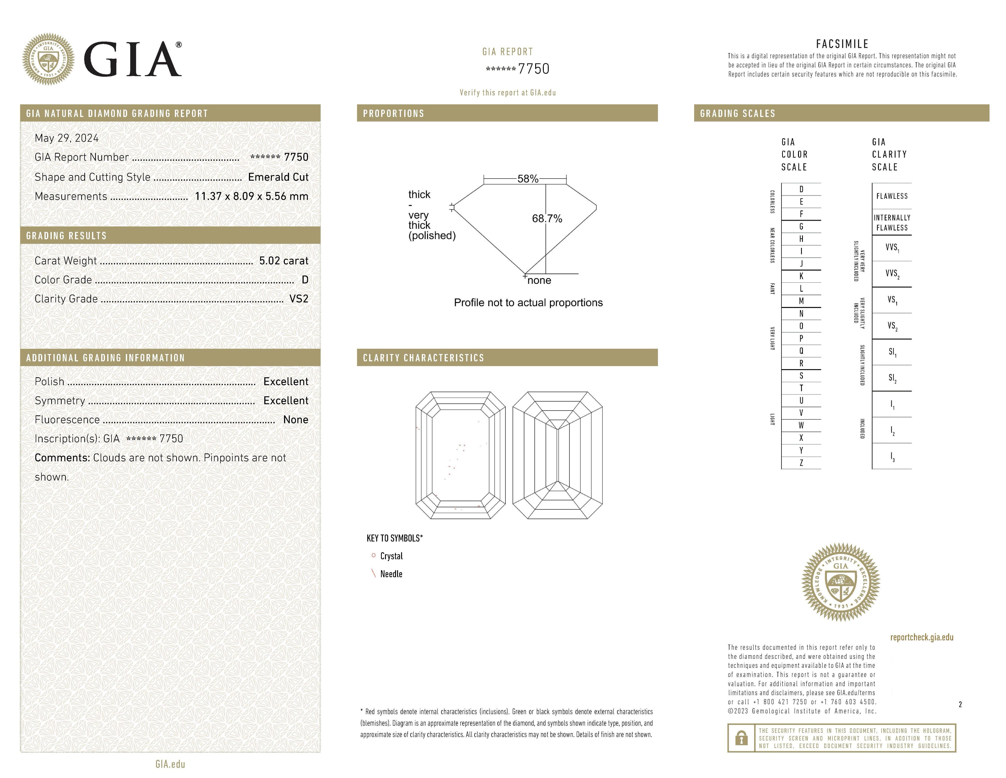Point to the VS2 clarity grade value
coord(299,299)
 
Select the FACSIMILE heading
coord(842,44)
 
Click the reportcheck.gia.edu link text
coord(922,637)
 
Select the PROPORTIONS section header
coord(393,113)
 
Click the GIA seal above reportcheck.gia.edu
coord(841,582)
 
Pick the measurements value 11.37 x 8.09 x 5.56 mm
coord(251,196)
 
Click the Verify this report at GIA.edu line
coord(508,93)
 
